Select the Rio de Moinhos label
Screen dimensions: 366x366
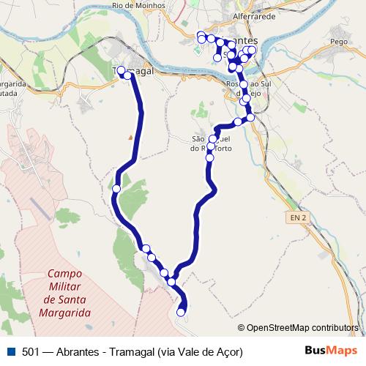[x=137, y=5]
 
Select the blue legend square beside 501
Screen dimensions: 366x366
[x=9, y=351]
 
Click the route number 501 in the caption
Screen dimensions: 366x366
[x=30, y=351]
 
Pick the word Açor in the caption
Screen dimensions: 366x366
[x=228, y=351]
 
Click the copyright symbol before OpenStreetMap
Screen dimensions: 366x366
[x=242, y=327]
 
